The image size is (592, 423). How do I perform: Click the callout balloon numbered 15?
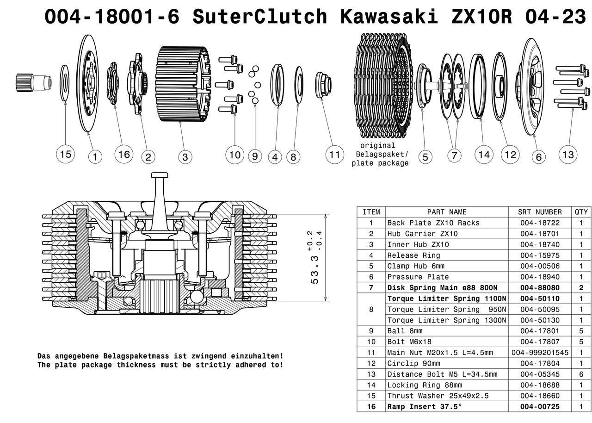point(66,154)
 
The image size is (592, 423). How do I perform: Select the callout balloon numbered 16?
point(124,154)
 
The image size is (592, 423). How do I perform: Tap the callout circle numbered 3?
point(185,157)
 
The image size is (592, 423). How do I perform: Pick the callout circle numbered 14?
point(484,154)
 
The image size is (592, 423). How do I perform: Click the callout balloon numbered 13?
point(567,154)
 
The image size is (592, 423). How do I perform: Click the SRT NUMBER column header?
point(540,212)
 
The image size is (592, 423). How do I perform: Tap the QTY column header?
point(581,212)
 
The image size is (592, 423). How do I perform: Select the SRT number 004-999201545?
point(540,353)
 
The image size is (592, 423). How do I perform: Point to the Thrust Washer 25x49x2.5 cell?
point(438,396)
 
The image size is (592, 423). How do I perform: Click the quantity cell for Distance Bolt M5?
point(581,374)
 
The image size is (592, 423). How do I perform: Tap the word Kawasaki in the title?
point(388,17)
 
